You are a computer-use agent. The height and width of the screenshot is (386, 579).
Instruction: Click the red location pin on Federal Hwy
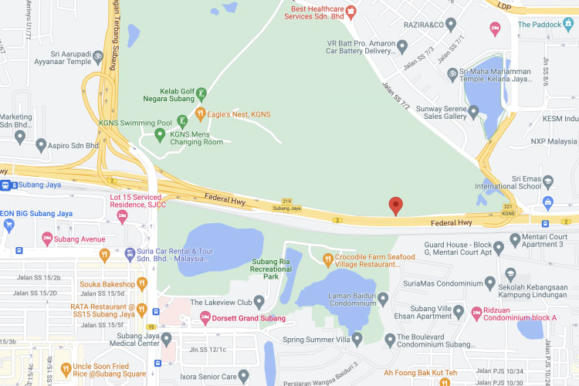pyautogui.click(x=396, y=205)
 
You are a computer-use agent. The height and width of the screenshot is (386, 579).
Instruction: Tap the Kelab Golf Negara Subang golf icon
pyautogui.click(x=201, y=93)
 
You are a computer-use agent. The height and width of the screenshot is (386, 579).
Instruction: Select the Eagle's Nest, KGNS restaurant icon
pyautogui.click(x=201, y=113)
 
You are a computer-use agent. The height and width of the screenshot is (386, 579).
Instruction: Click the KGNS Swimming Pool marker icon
pyautogui.click(x=182, y=120)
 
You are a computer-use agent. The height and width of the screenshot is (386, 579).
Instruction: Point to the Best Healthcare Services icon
pyautogui.click(x=350, y=11)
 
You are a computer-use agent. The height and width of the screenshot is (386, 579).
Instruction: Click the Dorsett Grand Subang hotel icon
pyautogui.click(x=205, y=318)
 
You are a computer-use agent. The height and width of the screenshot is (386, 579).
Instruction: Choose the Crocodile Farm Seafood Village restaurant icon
pyautogui.click(x=327, y=259)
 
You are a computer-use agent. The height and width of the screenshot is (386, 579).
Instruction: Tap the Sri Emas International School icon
pyautogui.click(x=548, y=182)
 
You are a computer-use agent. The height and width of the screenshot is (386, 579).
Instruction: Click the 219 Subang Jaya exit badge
pyautogui.click(x=286, y=204)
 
